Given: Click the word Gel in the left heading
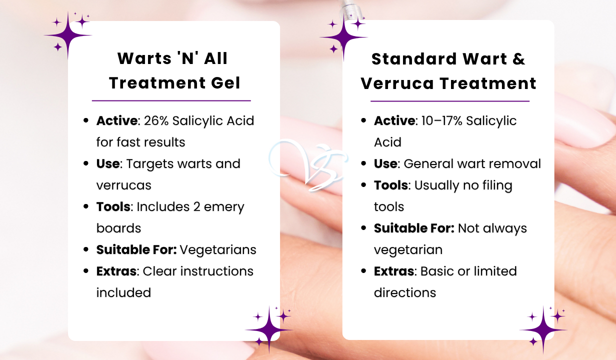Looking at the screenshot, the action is [x=225, y=83].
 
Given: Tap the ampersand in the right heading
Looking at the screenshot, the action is [x=518, y=59].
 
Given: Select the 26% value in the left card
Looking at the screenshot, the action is [x=156, y=120].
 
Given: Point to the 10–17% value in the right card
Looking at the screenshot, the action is [x=442, y=120].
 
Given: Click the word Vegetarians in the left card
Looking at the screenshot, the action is [x=218, y=249].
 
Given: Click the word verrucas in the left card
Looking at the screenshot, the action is [x=124, y=185].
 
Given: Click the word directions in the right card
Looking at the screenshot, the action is [x=405, y=292].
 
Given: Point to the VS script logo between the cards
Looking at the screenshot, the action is [x=308, y=164].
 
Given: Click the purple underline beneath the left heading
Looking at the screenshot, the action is [x=171, y=100].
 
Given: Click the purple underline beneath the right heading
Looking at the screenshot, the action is [x=450, y=101].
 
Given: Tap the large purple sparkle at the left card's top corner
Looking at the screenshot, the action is [x=68, y=35].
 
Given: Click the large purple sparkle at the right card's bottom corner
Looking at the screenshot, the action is [x=543, y=329].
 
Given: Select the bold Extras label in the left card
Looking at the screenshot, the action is [x=116, y=271].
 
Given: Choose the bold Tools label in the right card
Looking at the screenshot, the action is [x=390, y=185].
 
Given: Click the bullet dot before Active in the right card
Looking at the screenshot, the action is [x=363, y=120].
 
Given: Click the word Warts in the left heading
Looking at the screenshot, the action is [x=144, y=58].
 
